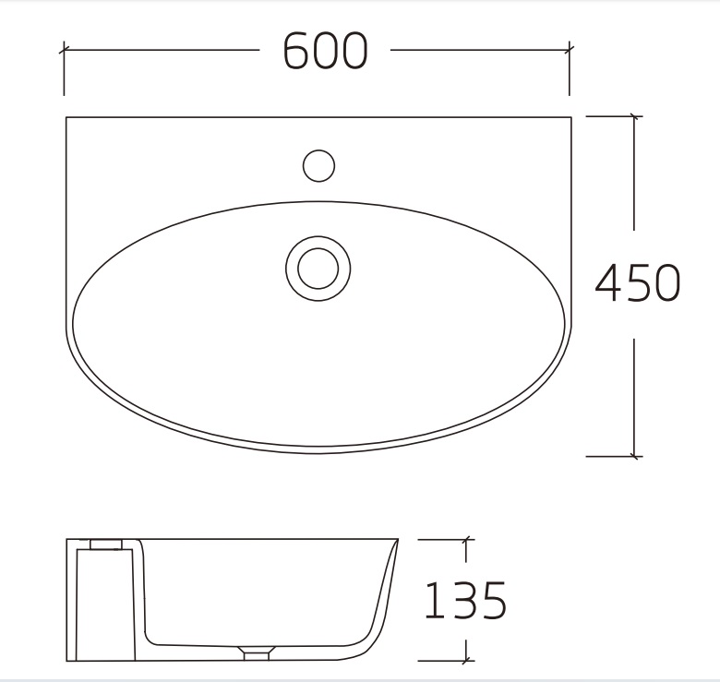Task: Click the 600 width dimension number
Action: pos(325,51)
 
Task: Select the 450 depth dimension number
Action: pos(637,283)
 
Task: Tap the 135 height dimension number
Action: pos(464,601)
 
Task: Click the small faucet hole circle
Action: pos(318,166)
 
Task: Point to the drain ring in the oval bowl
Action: pos(318,265)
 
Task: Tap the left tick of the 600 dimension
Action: pos(64,48)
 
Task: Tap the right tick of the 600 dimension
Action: pos(570,48)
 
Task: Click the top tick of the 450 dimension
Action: pos(633,116)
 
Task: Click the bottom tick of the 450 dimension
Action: pos(633,456)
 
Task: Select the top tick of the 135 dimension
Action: pos(466,540)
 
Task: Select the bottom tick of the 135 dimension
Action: pos(466,660)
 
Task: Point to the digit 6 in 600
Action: pos(297,51)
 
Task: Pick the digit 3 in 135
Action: pos(464,601)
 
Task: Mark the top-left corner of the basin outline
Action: pos(66,118)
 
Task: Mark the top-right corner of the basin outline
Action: pos(571,118)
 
